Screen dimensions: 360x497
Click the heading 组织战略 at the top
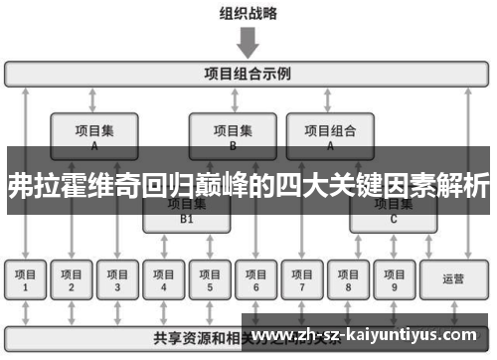tap(248, 14)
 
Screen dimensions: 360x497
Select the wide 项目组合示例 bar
tap(248, 74)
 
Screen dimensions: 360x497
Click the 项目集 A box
tap(94, 134)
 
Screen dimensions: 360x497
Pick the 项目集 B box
tap(233, 134)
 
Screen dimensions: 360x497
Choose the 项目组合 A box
tap(330, 134)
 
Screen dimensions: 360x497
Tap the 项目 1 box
tap(26, 280)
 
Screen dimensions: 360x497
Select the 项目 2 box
tap(72, 280)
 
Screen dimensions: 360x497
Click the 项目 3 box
tap(117, 280)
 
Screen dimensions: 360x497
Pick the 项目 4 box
tap(164, 280)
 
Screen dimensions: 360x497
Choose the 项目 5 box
tap(210, 280)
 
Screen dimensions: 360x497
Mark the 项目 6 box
tap(255, 280)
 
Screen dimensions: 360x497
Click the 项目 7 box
tap(302, 280)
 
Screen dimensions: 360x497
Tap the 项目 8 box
tap(348, 280)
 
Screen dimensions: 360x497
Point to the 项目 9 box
tap(394, 280)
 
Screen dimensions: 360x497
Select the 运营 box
tap(453, 280)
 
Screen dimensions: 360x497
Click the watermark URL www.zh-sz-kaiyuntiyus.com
tap(369, 335)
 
